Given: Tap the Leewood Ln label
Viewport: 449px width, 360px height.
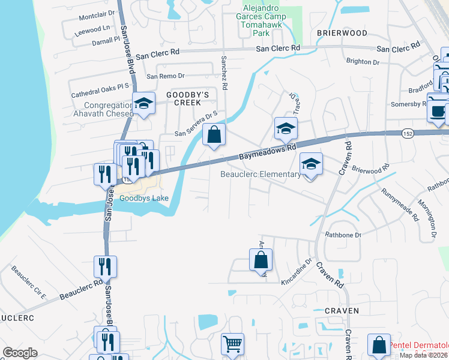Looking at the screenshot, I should coord(93,29).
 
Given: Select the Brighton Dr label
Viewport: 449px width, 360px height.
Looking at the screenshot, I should coord(363,62).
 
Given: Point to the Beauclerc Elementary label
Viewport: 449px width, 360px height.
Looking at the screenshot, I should coord(260,175).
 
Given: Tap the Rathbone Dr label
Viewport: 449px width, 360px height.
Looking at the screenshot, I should coord(343,235).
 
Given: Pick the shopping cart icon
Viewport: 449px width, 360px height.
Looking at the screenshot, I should coord(232,344).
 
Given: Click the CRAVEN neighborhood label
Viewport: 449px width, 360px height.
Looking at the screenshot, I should coord(342,311).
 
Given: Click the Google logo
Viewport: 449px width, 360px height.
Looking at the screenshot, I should coord(20,353).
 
